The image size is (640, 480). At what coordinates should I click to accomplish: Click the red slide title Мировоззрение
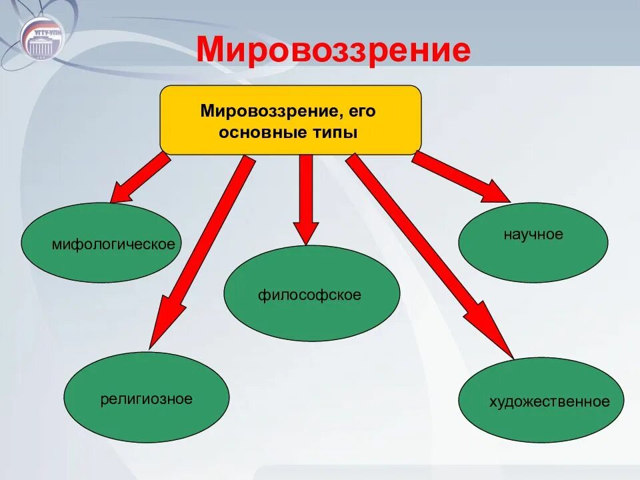(333, 51)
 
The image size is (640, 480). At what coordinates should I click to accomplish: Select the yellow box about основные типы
(291, 120)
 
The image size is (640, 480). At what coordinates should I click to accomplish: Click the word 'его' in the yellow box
(361, 110)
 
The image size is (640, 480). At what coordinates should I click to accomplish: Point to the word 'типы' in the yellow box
(333, 133)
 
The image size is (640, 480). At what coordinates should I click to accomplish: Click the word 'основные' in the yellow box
(261, 133)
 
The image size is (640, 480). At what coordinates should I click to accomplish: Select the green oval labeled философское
(311, 293)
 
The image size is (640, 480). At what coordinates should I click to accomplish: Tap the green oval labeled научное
(533, 243)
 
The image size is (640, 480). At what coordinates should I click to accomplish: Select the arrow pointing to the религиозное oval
(200, 253)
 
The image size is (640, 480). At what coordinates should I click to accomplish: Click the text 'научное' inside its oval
(533, 235)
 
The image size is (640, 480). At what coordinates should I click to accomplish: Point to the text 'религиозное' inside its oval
(147, 399)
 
